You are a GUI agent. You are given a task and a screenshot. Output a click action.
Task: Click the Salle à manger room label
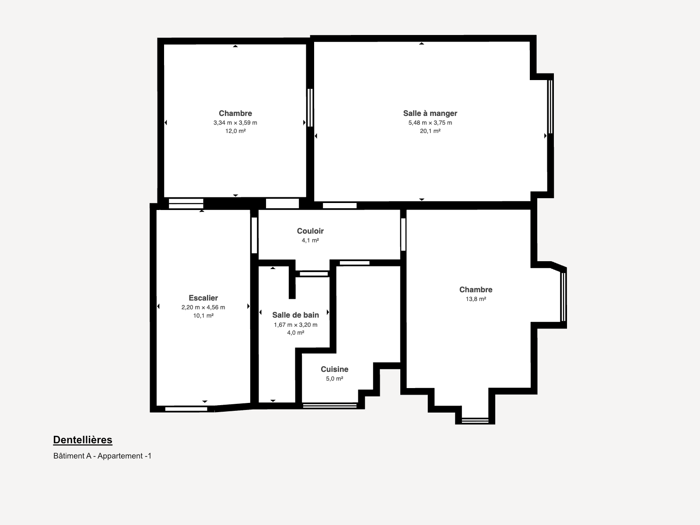[x=430, y=113]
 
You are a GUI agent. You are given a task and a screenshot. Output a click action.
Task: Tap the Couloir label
[x=310, y=231]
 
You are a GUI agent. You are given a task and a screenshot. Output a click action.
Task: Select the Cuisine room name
[x=335, y=369]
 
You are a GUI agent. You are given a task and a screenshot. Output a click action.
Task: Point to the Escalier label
[x=203, y=298]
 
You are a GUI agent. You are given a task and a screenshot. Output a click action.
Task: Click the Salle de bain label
[x=295, y=315]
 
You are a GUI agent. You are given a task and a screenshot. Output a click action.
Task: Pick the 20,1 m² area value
[x=430, y=131]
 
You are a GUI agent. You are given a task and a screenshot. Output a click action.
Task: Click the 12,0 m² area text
[x=235, y=131]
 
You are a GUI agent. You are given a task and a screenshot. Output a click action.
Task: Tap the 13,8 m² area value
[x=476, y=299]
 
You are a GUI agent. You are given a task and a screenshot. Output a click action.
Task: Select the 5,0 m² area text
[x=335, y=379]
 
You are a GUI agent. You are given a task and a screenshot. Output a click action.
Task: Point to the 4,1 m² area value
[x=310, y=240]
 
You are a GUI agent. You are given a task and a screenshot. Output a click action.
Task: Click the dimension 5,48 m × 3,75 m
[x=430, y=123]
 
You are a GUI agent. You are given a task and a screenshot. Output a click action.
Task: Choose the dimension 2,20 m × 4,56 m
[x=203, y=307]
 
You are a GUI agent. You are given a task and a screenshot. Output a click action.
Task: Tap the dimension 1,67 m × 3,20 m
[x=295, y=325]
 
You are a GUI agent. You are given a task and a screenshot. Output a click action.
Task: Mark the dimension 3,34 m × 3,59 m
[x=235, y=123]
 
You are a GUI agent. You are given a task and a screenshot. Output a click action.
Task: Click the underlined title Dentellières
[x=83, y=440]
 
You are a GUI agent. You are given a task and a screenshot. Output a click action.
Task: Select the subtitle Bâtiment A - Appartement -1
[x=102, y=456]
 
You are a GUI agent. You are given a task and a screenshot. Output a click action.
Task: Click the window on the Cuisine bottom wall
[x=329, y=406]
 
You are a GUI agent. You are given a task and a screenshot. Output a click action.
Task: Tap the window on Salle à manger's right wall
[x=550, y=106]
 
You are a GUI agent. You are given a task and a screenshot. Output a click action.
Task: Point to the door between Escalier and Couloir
[x=254, y=235]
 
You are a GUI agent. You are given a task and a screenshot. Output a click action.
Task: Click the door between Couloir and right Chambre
[x=403, y=234]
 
